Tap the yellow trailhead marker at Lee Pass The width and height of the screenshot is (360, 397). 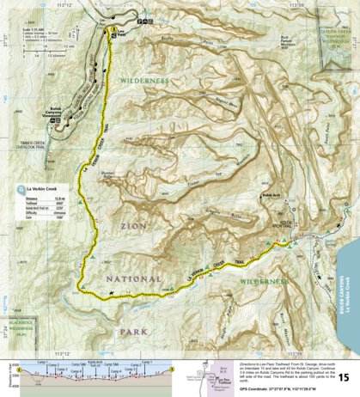pos(113,31)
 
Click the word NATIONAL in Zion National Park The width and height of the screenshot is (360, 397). pos(141,279)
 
